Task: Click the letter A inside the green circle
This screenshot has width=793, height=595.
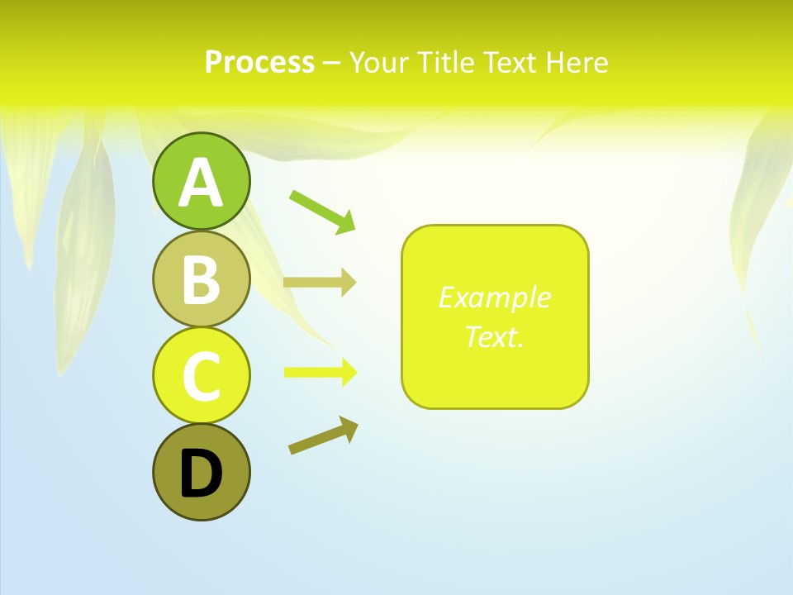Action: [201, 183]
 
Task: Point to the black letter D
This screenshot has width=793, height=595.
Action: [201, 474]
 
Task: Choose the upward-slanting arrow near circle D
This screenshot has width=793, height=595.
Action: [323, 436]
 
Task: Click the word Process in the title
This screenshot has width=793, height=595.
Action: [259, 62]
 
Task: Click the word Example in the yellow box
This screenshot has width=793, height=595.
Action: [494, 297]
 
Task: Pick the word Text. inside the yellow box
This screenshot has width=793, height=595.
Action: [494, 336]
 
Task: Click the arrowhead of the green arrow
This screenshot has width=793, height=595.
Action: [347, 222]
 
